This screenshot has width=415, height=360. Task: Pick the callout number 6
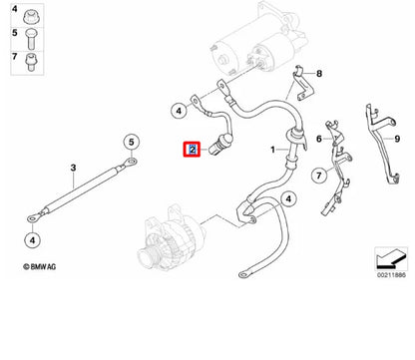coord(319,138)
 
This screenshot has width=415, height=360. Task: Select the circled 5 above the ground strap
coord(131,142)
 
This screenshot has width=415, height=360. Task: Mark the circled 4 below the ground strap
coord(33,239)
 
